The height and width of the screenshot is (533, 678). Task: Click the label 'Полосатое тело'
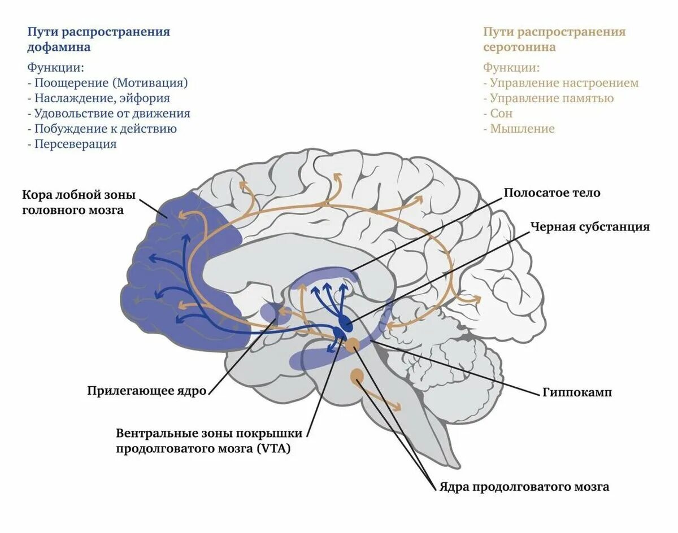[x=551, y=193]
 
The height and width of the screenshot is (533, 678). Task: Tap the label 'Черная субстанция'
[x=590, y=227]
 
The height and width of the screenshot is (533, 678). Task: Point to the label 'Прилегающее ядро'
[x=146, y=391]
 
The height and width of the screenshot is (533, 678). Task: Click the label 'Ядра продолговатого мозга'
[x=524, y=487]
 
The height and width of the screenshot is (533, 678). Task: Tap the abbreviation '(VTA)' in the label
[x=273, y=449]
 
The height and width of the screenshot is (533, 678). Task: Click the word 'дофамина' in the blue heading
[x=59, y=47]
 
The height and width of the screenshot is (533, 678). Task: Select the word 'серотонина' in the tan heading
[x=519, y=47]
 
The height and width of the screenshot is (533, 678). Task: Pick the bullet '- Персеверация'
[x=72, y=144]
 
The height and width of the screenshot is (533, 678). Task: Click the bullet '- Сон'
[x=498, y=113]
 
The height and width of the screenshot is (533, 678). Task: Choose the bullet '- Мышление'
[x=519, y=129]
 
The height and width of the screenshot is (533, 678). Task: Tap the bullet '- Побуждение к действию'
[x=102, y=129]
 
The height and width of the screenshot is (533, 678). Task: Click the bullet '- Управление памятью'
[x=548, y=98]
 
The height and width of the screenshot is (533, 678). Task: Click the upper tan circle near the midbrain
[x=353, y=344]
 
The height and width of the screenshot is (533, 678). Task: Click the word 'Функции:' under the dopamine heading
[x=55, y=68]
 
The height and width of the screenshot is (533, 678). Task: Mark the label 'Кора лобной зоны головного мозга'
[x=79, y=203]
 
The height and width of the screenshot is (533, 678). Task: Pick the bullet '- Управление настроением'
[x=560, y=83]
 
